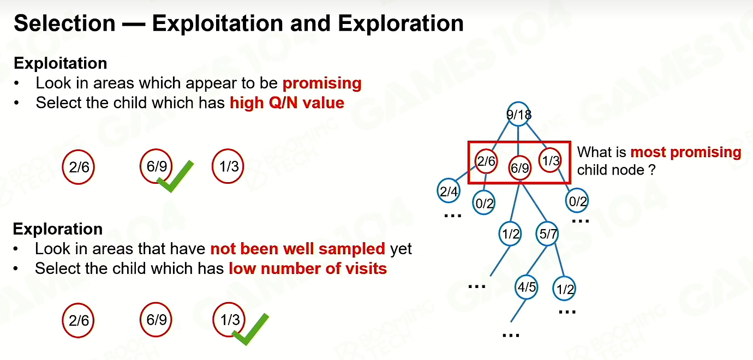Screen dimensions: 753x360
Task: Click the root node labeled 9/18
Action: point(518,115)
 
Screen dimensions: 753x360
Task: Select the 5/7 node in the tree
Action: point(547,233)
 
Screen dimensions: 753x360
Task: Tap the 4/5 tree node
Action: point(527,287)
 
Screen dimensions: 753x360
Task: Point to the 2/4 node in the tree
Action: point(449,191)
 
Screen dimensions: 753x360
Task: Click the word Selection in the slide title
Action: point(64,23)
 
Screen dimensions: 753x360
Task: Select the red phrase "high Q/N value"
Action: point(287,103)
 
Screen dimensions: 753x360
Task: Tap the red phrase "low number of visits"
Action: point(308,268)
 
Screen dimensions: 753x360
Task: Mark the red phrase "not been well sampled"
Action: point(297,249)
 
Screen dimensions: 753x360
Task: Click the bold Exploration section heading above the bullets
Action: point(58,229)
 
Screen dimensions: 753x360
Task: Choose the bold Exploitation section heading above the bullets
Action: point(61,63)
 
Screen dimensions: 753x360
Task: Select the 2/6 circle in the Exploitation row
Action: point(79,167)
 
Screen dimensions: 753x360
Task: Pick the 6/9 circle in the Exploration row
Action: point(156,319)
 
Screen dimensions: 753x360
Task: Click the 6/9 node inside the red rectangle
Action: point(519,167)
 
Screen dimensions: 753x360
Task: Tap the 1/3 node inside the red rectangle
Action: point(551,160)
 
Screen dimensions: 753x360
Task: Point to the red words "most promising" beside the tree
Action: point(686,152)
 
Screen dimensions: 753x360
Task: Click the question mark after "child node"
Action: point(652,170)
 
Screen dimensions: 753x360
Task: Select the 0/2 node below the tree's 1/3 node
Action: point(577,201)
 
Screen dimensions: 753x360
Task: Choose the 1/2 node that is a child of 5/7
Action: point(564,289)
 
